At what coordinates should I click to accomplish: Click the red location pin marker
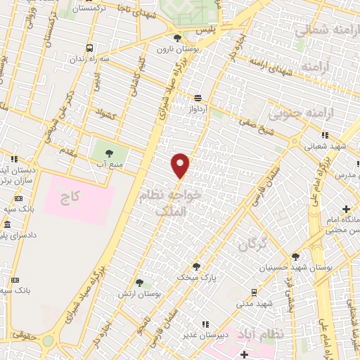click(x=181, y=166)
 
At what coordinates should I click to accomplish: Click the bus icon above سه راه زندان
click(x=89, y=48)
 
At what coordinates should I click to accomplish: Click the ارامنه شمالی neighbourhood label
click(x=324, y=32)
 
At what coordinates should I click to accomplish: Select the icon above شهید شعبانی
click(x=325, y=135)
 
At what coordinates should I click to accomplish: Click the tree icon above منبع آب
click(x=108, y=152)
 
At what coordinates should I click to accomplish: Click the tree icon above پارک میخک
click(x=195, y=266)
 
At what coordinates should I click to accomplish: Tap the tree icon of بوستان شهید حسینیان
click(x=295, y=257)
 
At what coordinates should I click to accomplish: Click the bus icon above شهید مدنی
click(x=254, y=291)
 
